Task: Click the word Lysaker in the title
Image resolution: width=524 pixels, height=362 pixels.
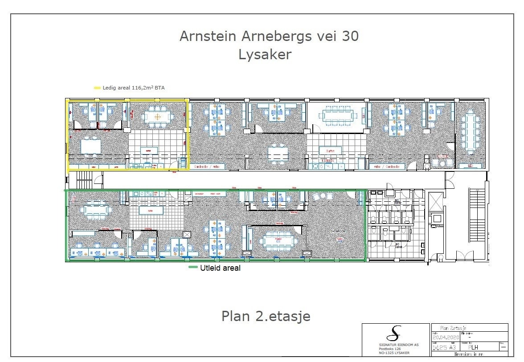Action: click(265, 54)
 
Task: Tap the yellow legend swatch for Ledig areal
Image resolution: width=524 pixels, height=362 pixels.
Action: click(97, 88)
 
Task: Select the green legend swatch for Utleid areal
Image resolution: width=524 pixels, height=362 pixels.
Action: click(193, 268)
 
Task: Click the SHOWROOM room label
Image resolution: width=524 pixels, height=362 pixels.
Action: click(338, 232)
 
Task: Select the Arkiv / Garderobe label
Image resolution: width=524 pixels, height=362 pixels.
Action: click(387, 167)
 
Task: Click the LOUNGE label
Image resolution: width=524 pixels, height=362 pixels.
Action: click(442, 156)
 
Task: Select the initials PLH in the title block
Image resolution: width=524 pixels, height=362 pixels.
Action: click(473, 347)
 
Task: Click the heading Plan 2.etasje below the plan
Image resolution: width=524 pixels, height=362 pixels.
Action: click(266, 316)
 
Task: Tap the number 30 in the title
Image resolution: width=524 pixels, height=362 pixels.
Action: click(350, 37)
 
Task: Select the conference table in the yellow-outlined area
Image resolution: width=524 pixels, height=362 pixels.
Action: click(157, 117)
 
